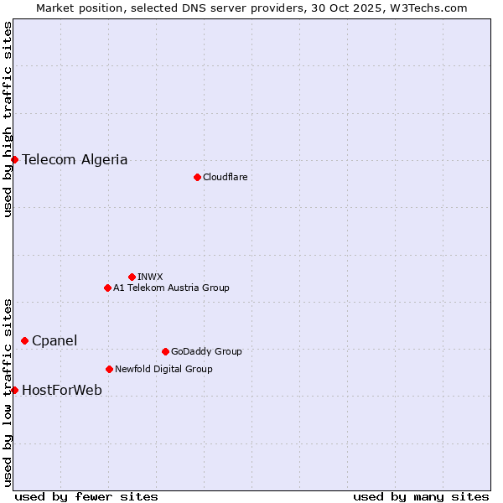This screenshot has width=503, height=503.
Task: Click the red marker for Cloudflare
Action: pyautogui.click(x=197, y=177)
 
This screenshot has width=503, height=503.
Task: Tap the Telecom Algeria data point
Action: pyautogui.click(x=14, y=159)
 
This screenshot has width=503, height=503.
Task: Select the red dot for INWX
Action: pyautogui.click(x=132, y=277)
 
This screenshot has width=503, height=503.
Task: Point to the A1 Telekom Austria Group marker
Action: pyautogui.click(x=107, y=288)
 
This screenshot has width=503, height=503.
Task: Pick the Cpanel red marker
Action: pyautogui.click(x=24, y=340)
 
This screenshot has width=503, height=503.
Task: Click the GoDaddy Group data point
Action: pyautogui.click(x=165, y=351)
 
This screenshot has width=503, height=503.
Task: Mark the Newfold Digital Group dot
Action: pyautogui.click(x=109, y=369)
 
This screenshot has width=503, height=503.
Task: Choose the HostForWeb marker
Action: pyautogui.click(x=14, y=390)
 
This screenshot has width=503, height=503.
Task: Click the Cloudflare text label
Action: pyautogui.click(x=225, y=177)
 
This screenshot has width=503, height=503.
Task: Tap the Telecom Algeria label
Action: pyautogui.click(x=75, y=159)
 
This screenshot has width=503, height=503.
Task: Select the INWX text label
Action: pyautogui.click(x=150, y=277)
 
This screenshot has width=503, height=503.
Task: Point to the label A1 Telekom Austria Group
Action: pyautogui.click(x=171, y=288)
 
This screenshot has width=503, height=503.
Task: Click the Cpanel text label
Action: pyautogui.click(x=54, y=340)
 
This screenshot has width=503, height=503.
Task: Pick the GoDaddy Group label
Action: pyautogui.click(x=206, y=351)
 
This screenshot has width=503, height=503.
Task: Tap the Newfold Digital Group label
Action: pyautogui.click(x=163, y=369)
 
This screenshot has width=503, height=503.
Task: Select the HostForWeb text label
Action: pyautogui.click(x=62, y=390)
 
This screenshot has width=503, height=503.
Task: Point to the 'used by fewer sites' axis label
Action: pyautogui.click(x=86, y=496)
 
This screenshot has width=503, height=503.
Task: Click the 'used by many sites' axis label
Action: pyautogui.click(x=421, y=496)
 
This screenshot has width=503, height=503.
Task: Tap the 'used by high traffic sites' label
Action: pyautogui.click(x=8, y=119)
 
